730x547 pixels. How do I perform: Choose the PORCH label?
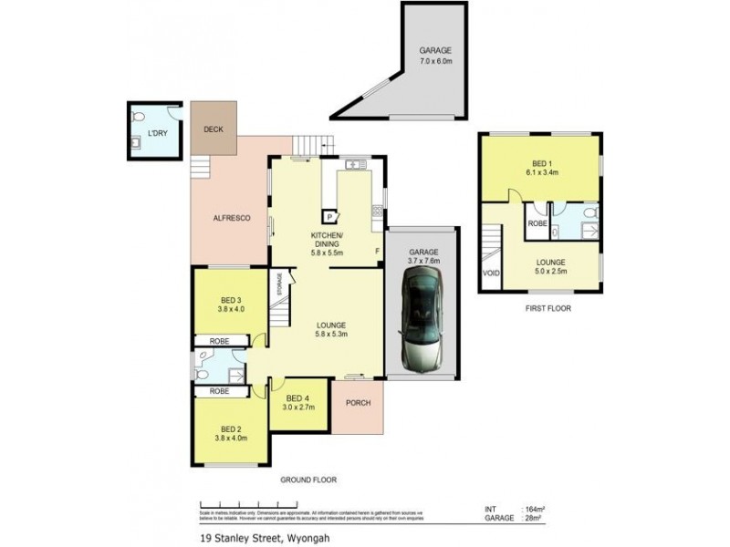358,403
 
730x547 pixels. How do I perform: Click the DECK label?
214,129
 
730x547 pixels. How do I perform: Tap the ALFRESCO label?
232,218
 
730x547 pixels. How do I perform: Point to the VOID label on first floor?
491,272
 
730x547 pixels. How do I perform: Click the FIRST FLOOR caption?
547,309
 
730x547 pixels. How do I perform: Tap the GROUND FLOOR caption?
308,479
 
